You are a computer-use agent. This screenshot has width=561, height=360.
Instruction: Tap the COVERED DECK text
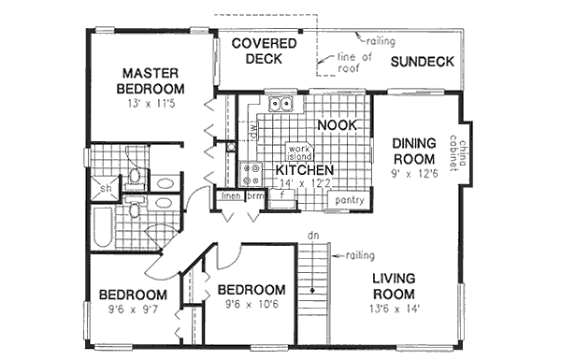coord(265,50)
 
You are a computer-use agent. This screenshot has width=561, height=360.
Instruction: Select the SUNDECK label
coord(422,63)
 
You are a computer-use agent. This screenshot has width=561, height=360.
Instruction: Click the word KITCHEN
coord(305,169)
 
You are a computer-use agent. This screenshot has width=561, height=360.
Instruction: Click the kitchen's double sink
coord(280,105)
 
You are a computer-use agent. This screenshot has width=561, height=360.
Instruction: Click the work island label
coord(298,153)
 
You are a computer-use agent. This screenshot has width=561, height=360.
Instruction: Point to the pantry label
coord(348,200)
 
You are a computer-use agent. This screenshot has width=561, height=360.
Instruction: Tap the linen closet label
coord(230,195)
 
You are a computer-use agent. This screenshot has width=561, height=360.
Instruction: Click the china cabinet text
coord(458,150)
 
